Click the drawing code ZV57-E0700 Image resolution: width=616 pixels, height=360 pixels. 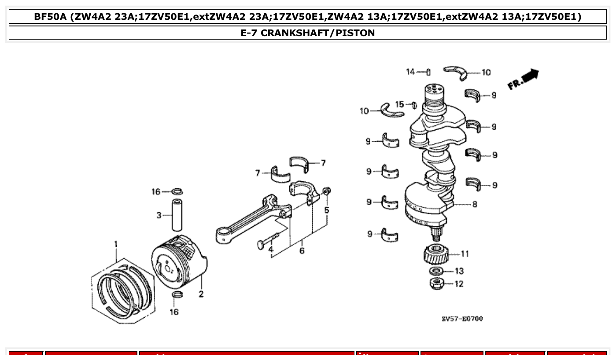pyautogui.click(x=462, y=318)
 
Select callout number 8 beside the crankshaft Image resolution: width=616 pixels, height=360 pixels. pyautogui.click(x=474, y=205)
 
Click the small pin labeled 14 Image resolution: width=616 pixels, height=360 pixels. pyautogui.click(x=428, y=72)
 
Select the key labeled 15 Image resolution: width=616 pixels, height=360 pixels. pyautogui.click(x=413, y=105)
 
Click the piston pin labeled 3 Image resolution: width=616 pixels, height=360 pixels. pyautogui.click(x=177, y=215)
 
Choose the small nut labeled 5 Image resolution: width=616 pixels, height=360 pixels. pyautogui.click(x=326, y=191)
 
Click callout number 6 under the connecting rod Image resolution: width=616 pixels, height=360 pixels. pyautogui.click(x=302, y=251)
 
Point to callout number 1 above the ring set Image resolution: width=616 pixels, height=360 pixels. pyautogui.click(x=116, y=244)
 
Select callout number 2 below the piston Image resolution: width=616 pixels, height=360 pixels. pyautogui.click(x=201, y=294)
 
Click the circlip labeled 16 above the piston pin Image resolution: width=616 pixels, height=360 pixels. pyautogui.click(x=177, y=191)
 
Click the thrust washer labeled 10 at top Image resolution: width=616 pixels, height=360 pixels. pyautogui.click(x=460, y=73)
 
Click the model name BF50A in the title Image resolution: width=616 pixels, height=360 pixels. pyautogui.click(x=50, y=17)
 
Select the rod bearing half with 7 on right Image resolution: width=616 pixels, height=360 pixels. pyautogui.click(x=300, y=164)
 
